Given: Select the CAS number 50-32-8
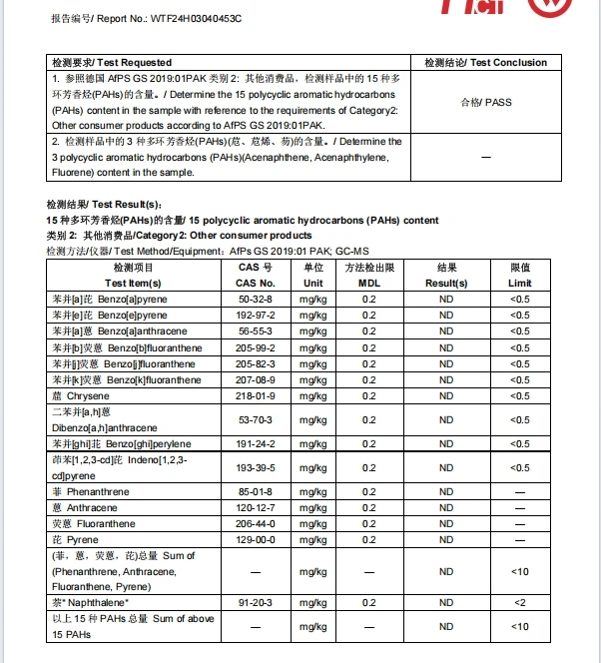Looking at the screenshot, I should click(x=256, y=299).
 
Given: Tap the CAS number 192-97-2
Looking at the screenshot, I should click(x=256, y=315).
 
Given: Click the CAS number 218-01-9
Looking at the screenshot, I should click(x=256, y=395).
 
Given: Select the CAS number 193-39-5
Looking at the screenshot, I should click(x=256, y=467).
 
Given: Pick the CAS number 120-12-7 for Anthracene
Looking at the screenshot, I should click(x=256, y=507).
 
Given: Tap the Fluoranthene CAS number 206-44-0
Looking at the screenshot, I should click(x=256, y=523).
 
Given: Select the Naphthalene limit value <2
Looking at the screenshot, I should click(x=519, y=602).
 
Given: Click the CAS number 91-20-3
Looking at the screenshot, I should click(x=256, y=602).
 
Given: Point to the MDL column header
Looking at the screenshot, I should click(x=369, y=283).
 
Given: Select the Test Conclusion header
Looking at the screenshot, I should click(x=485, y=62).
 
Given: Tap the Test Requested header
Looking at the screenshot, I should click(x=111, y=62).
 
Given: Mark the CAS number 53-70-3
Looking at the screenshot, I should click(x=256, y=419).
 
